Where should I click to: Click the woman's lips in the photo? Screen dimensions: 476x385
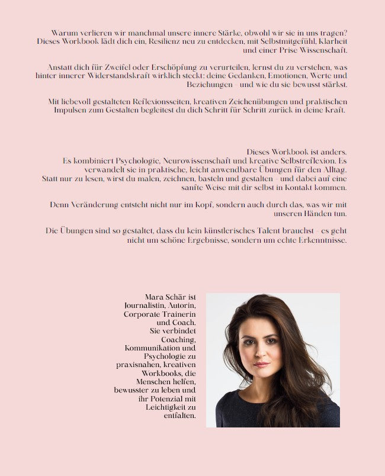(x=261, y=365)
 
